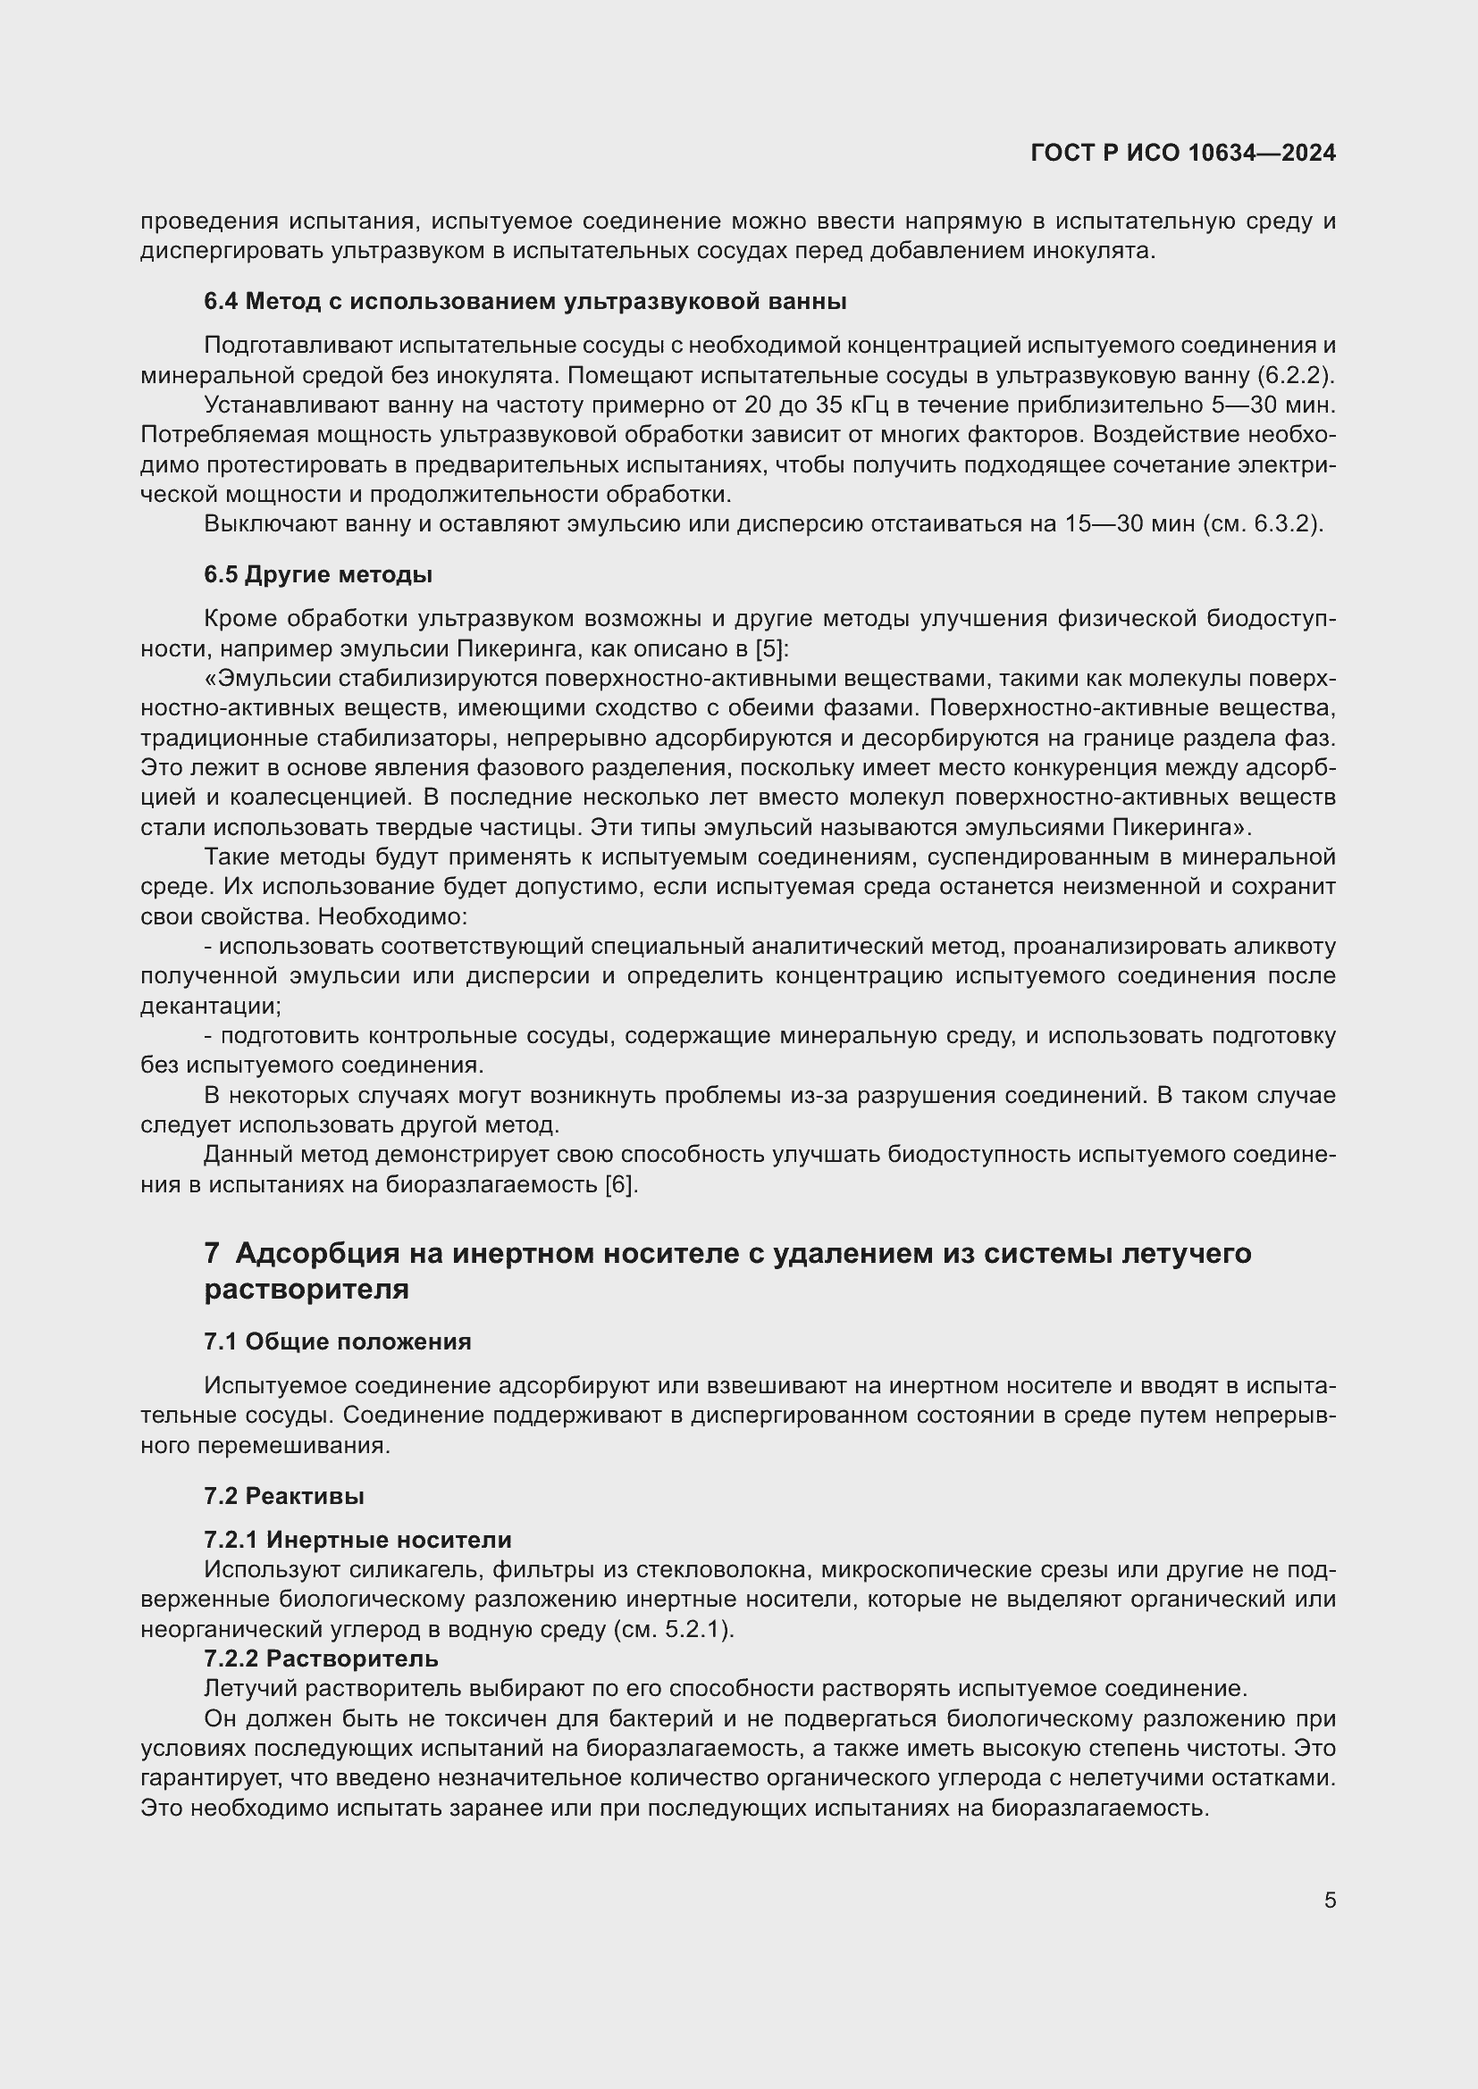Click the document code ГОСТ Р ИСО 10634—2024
(1182, 153)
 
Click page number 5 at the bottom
(1330, 1900)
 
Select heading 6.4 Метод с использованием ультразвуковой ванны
(525, 301)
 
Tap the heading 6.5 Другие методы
(317, 575)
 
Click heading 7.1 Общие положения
(338, 1341)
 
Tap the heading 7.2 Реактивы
(284, 1496)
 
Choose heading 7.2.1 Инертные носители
(357, 1540)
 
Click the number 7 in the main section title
(211, 1254)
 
